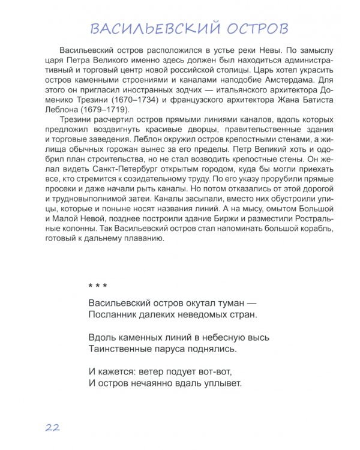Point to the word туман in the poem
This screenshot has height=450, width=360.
(224, 302)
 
